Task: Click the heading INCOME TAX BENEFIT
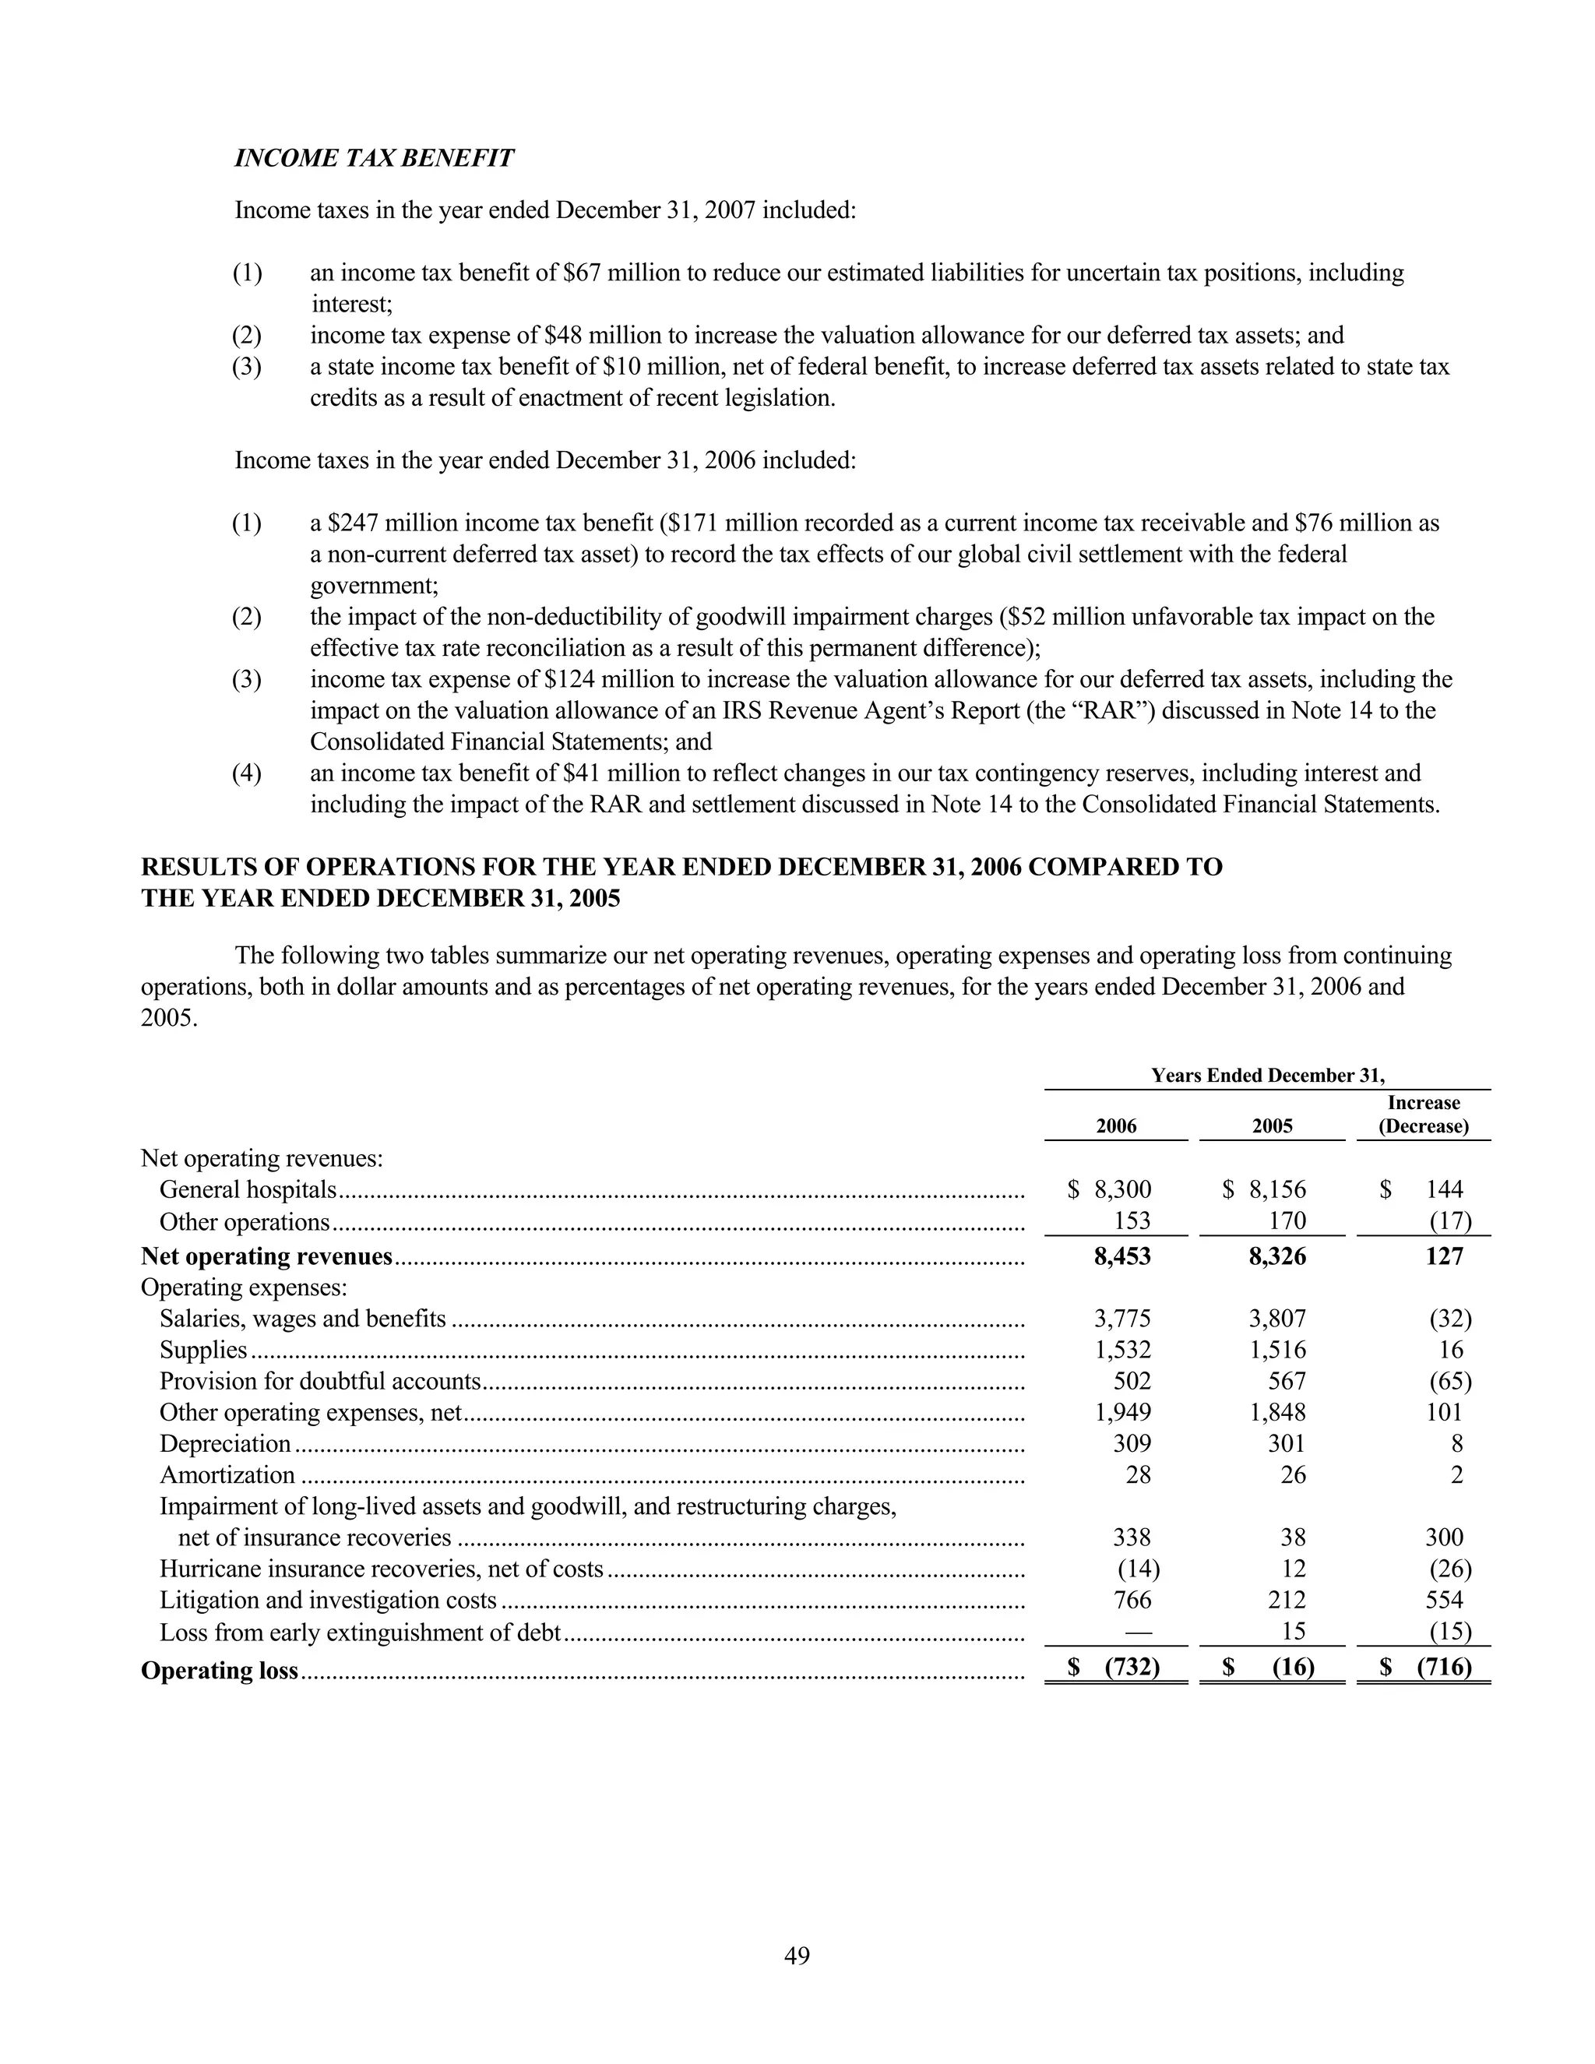click(374, 158)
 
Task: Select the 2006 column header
click(1116, 1125)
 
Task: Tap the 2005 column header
click(1272, 1125)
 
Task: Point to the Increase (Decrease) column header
click(1423, 1115)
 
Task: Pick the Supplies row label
click(203, 1350)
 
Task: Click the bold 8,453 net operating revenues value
click(1121, 1256)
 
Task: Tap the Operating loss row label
click(219, 1671)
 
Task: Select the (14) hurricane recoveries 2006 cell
click(1138, 1568)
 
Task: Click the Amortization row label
click(227, 1474)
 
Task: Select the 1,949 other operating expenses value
click(1122, 1412)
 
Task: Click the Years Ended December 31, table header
click(1267, 1075)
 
